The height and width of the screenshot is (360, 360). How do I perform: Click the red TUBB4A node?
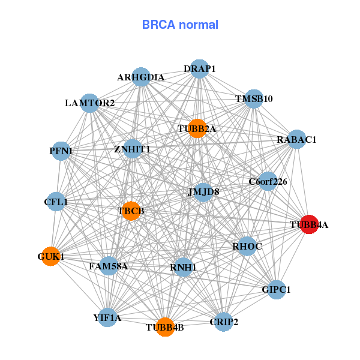[308, 224]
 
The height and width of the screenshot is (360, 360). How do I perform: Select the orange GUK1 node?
[50, 256]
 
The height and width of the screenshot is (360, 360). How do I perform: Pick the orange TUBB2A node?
[197, 128]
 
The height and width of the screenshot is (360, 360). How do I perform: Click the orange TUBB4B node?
[165, 327]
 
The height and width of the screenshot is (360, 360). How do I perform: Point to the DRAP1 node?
[199, 69]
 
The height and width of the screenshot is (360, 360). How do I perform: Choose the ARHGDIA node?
[141, 77]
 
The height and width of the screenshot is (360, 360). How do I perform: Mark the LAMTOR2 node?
[89, 103]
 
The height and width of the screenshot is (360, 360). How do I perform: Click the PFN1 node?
[62, 151]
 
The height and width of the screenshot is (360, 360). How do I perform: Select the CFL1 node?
[56, 202]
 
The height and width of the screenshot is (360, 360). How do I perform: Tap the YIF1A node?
[107, 317]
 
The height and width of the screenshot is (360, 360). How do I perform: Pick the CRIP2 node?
[223, 322]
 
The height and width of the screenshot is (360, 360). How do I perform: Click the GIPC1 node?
[276, 289]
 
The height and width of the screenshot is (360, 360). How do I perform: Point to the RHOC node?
[247, 246]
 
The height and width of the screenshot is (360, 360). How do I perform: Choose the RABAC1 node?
[296, 140]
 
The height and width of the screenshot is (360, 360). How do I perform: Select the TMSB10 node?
[254, 99]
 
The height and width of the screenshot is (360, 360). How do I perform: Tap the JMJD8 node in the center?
[203, 193]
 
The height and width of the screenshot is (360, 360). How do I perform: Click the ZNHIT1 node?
[133, 149]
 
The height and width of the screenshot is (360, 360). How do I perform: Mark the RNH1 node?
[184, 266]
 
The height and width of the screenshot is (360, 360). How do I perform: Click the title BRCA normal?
[180, 25]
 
